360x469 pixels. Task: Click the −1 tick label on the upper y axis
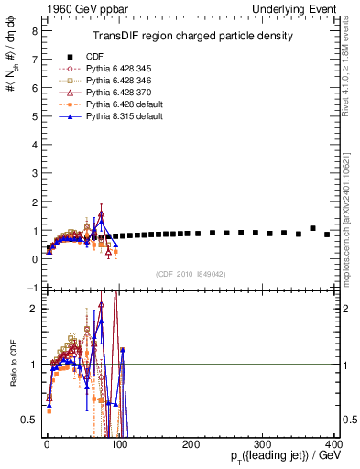tap(30, 288)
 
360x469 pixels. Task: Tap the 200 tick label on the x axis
tap(191, 443)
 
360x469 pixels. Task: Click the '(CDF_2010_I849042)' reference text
tap(191, 273)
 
